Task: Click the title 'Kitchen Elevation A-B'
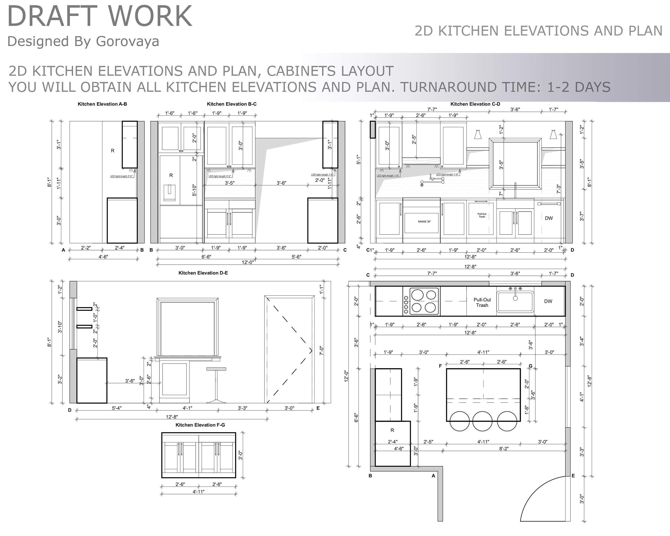(x=102, y=104)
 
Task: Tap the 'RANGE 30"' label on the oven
(x=424, y=222)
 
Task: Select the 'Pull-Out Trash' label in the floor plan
(x=482, y=302)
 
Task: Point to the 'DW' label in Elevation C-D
(x=549, y=218)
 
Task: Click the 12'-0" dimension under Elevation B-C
(x=248, y=262)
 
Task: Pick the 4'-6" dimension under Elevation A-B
(x=103, y=257)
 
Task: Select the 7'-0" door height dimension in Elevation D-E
(x=322, y=351)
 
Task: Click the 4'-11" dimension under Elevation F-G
(x=198, y=492)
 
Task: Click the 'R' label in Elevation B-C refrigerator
(x=171, y=175)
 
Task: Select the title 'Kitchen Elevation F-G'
(x=200, y=425)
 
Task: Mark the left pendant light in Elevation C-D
(x=478, y=134)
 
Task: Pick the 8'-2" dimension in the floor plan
(x=504, y=449)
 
